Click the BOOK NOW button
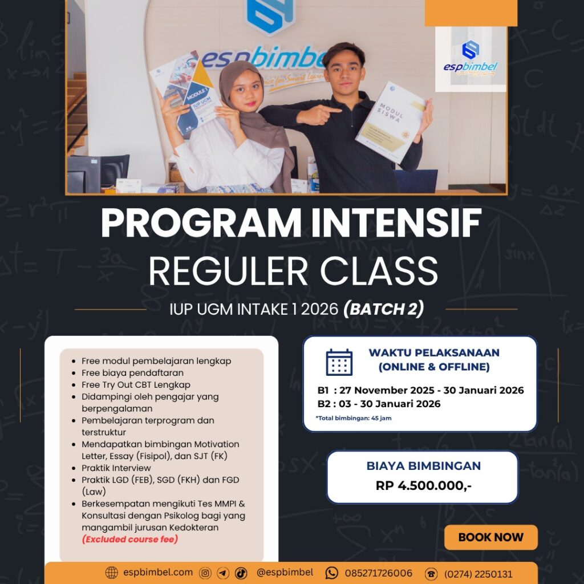[x=490, y=537]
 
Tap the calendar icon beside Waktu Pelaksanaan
[x=339, y=362]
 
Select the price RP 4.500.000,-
[x=424, y=486]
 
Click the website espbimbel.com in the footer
[x=158, y=573]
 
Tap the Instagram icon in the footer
[x=205, y=573]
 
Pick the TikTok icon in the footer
[x=241, y=573]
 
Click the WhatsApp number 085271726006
[x=379, y=573]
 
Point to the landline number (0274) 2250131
[x=478, y=574]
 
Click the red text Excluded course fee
[x=130, y=539]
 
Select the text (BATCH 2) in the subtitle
[x=383, y=309]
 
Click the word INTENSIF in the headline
[x=396, y=223]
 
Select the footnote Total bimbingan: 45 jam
[x=354, y=418]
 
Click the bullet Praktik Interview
[x=116, y=468]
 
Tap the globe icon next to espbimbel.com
[x=112, y=573]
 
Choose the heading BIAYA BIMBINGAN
[x=424, y=465]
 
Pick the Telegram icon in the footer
[x=223, y=573]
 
